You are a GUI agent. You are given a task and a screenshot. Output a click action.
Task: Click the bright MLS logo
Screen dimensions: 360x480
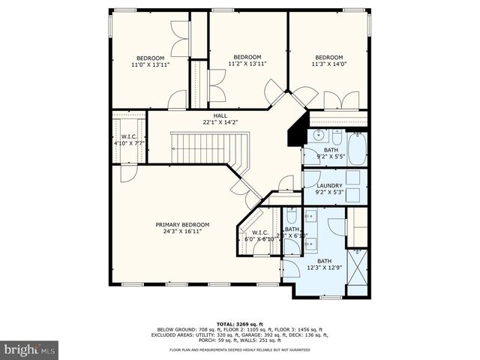coord(30,349)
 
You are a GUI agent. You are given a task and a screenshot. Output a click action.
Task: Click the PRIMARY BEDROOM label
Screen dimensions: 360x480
coord(182,224)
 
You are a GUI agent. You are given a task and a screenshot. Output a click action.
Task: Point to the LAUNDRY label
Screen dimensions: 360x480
coord(329,186)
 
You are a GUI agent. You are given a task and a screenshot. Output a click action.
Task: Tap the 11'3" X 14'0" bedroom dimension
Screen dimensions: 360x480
coord(328,64)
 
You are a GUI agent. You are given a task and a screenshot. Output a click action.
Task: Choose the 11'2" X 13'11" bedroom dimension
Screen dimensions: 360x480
coord(247,64)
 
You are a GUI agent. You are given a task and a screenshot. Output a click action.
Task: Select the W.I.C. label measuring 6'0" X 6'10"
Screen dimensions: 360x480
coord(260,232)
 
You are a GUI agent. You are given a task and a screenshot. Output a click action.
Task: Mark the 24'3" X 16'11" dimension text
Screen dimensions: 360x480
coord(182,232)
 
